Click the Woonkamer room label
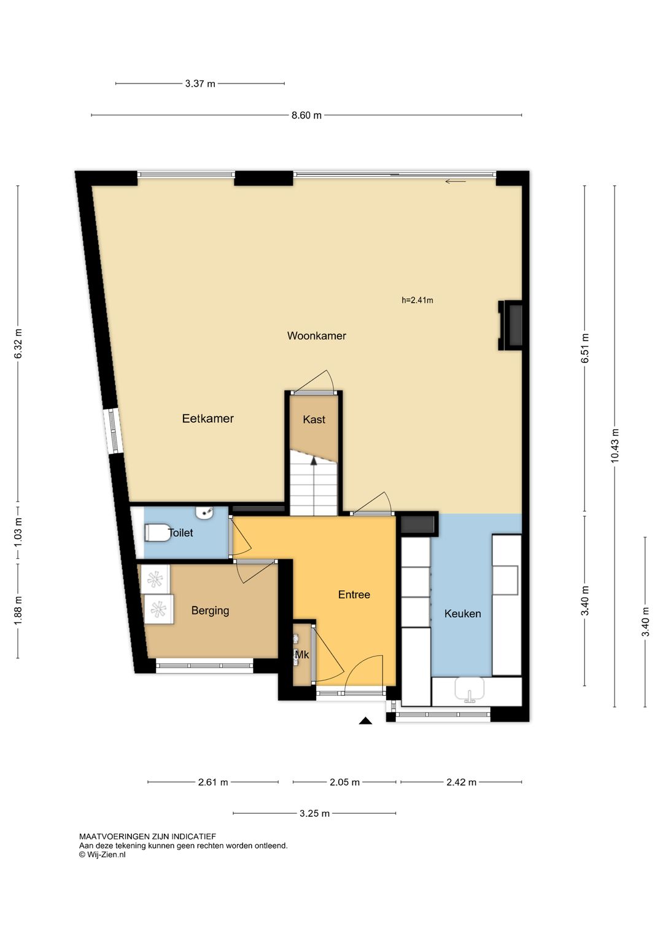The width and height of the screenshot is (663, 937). point(316,336)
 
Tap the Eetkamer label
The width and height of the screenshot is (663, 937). point(207,419)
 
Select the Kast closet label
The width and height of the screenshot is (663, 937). point(314,419)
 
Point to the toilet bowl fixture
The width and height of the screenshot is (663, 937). point(157,532)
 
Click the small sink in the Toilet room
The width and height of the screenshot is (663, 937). point(204,513)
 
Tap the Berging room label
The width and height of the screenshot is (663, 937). point(210,611)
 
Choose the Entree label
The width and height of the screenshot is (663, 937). point(354,595)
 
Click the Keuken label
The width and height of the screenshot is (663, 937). point(462,613)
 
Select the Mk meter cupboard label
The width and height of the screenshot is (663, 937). point(301,655)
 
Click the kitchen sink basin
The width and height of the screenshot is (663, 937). point(470,690)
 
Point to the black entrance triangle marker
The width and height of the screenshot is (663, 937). point(366,720)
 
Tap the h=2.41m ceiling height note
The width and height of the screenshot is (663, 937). point(417,300)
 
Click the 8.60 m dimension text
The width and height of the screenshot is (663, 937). point(306,115)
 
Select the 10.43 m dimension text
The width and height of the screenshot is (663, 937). point(615,446)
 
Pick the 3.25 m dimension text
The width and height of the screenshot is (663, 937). point(314,814)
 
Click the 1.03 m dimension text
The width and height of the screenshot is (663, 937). point(18,531)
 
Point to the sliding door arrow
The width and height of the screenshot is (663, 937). point(455,182)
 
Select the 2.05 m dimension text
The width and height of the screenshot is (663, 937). point(344,782)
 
